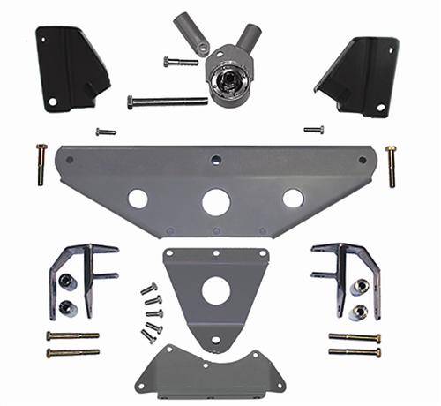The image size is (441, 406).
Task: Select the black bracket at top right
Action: coord(360,75)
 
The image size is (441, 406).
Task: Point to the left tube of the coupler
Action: coord(191,34)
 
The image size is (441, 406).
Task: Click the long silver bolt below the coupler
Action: coord(168,101)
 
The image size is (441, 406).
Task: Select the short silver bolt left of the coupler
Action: coord(181,62)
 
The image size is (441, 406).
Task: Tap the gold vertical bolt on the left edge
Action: coord(41,164)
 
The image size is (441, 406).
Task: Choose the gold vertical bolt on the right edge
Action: coord(390,165)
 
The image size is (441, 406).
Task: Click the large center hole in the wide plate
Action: coord(215,202)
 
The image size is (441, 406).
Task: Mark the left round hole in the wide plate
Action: coord(138,199)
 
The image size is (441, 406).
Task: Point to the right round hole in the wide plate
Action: coord(293,199)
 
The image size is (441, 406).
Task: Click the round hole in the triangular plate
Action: coord(215,291)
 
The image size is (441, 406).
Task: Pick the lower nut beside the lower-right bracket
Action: coord(360,312)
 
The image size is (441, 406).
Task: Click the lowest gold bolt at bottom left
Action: coord(72,353)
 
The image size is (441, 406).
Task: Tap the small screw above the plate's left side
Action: coord(106,132)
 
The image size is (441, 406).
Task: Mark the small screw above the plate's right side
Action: coord(313,130)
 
